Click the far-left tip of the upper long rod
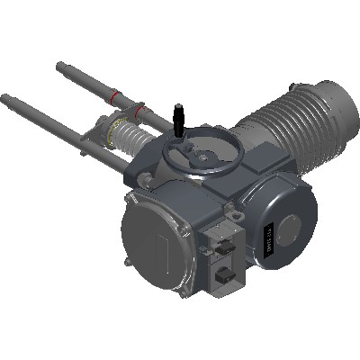point(60,65)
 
